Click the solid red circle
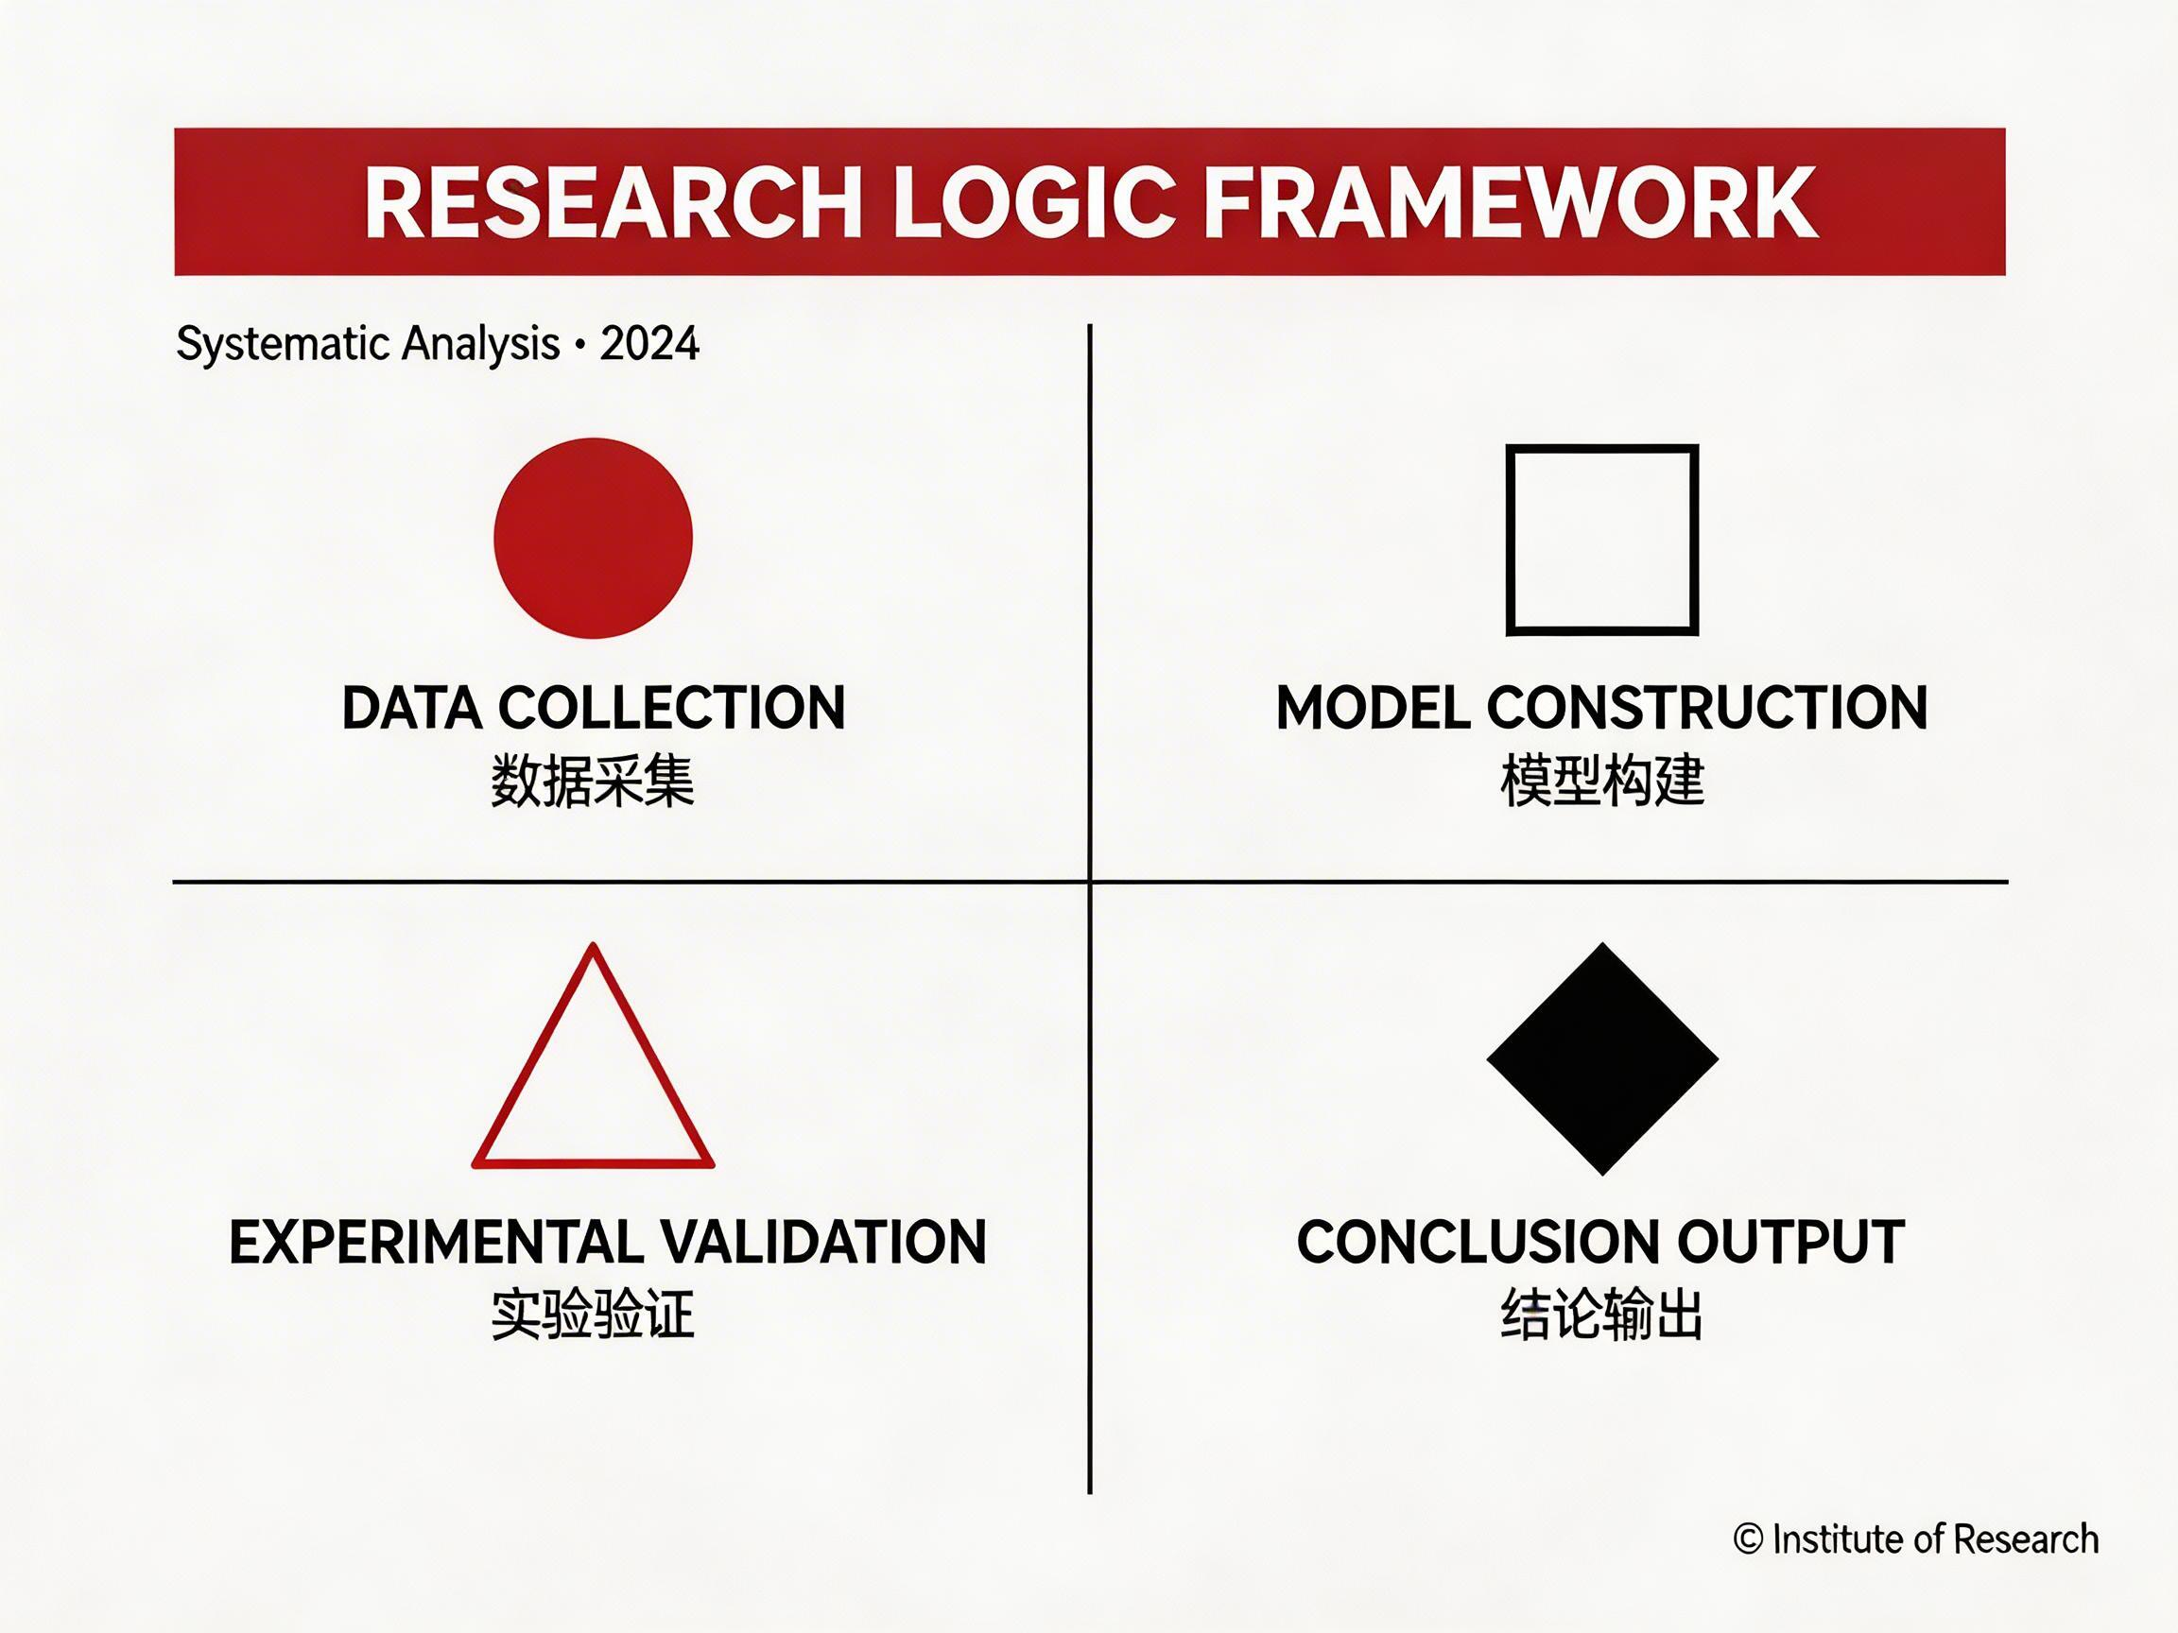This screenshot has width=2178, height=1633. pos(593,539)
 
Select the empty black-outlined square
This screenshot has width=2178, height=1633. pos(1602,540)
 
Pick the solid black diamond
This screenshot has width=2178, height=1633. pos(1602,1059)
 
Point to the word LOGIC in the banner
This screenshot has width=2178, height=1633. pos(1034,203)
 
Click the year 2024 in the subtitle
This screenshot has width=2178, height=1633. pos(648,345)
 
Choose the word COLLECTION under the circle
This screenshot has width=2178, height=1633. pos(671,708)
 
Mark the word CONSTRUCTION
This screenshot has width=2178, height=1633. pos(1706,708)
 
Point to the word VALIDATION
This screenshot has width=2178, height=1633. pos(822,1242)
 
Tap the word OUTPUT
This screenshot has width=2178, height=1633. pos(1790,1242)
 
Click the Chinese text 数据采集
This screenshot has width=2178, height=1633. pos(593,782)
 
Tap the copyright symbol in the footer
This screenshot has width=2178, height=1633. pos(1748,1538)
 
